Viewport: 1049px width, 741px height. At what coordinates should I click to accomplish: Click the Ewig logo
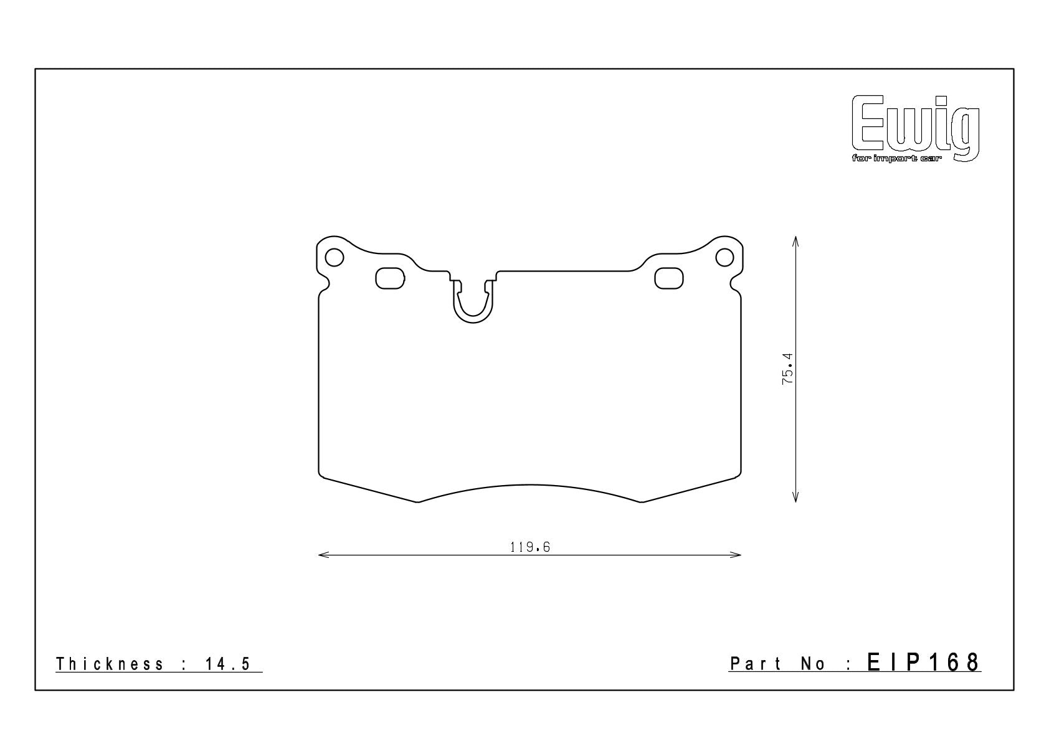(x=915, y=128)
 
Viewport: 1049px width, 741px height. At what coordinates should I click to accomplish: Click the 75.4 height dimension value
(x=788, y=369)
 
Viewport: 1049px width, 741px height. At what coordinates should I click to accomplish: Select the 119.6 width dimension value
(x=529, y=547)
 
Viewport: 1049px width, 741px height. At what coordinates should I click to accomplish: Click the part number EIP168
(x=924, y=663)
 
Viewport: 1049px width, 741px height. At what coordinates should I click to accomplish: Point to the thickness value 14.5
(x=228, y=664)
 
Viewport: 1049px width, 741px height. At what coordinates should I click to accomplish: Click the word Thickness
(x=110, y=664)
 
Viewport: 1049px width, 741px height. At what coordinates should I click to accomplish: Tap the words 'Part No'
(x=777, y=664)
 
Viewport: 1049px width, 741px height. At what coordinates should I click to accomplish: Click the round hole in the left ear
(x=335, y=257)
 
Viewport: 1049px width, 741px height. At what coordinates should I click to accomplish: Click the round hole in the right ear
(x=724, y=257)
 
